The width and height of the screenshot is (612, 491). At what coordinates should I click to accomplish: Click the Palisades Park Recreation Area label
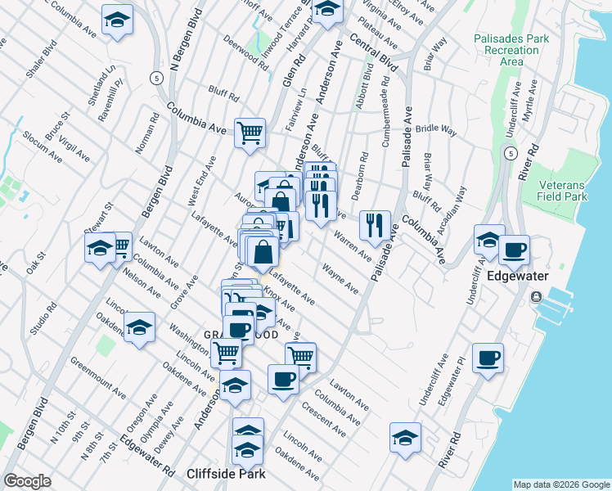[x=511, y=50]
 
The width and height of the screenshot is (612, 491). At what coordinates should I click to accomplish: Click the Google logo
[x=27, y=481]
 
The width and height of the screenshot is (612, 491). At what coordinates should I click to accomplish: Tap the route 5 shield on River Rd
[x=510, y=153]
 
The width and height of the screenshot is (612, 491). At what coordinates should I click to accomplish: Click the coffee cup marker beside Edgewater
[x=514, y=250]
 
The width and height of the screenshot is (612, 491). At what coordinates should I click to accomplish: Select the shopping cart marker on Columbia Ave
[x=250, y=131]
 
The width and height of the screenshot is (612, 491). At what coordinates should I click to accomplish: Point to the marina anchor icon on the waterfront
[x=537, y=297]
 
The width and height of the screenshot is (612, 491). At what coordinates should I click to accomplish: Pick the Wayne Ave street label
[x=340, y=277]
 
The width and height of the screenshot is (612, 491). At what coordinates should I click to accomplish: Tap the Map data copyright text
[x=560, y=484]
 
